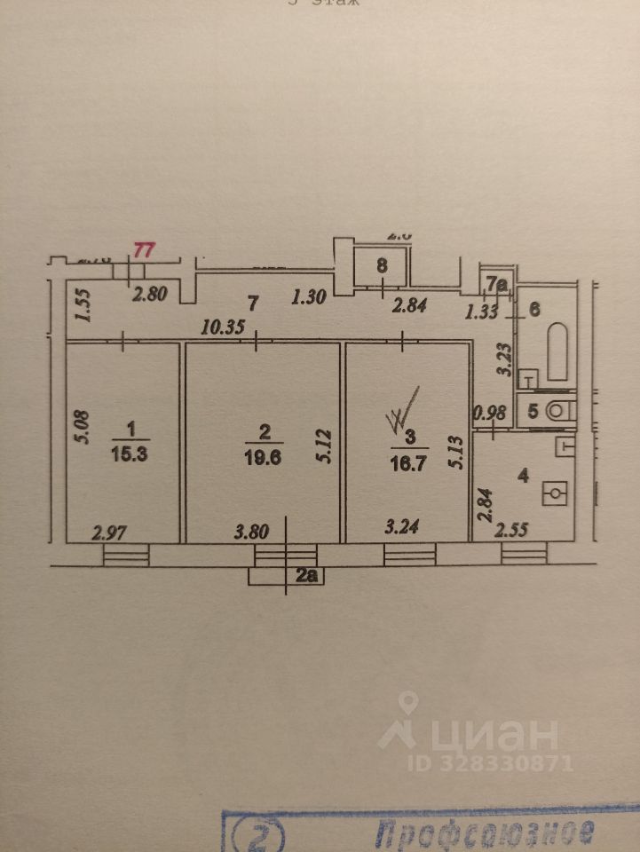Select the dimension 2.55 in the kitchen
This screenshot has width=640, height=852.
pos(512,531)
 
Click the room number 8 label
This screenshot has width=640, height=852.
pos(382,264)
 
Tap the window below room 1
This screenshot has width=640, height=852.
pos(125,555)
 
